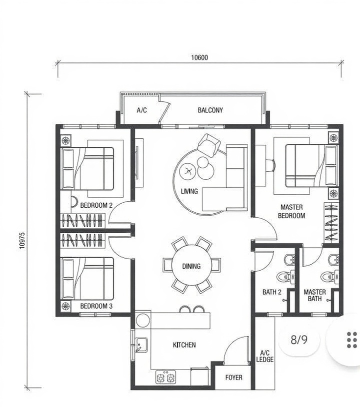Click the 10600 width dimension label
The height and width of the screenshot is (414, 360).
point(199,57)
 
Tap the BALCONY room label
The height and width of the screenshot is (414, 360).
point(210,110)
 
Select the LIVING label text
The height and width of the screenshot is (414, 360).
point(189,191)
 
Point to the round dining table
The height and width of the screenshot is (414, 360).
point(191,266)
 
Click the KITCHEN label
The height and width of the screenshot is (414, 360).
point(184,345)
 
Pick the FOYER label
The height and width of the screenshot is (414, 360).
point(233,378)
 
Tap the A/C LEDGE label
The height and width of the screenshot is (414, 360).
point(264,356)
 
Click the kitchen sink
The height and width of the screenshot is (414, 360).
point(141,345)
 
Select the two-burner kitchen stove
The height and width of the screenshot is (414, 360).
point(165,377)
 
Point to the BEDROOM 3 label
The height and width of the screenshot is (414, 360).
point(96,306)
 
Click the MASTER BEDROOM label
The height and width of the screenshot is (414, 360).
point(291,211)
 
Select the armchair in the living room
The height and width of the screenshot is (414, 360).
point(209,145)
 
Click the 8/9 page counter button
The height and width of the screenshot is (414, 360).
point(299,340)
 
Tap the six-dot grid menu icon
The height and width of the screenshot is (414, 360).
point(352,340)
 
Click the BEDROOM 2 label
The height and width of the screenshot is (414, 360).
point(96,205)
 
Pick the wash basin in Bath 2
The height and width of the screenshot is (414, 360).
point(290,260)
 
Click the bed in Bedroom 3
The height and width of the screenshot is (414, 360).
point(87,279)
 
